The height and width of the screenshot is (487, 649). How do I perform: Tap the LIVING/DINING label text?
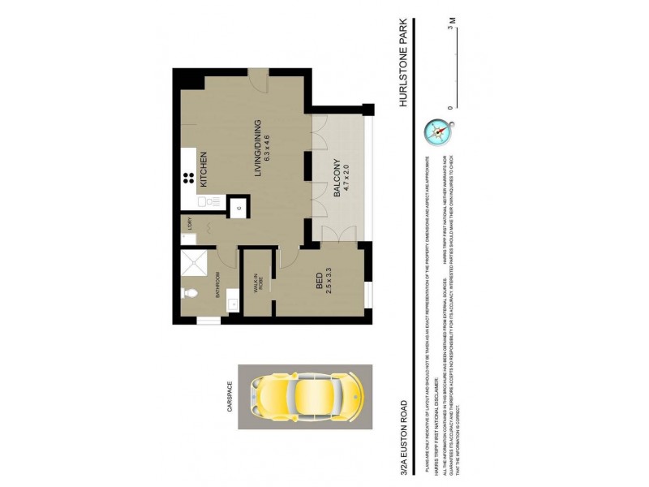[258, 149]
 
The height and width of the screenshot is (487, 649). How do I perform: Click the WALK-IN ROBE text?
[259, 285]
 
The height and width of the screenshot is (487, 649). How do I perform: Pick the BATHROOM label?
[218, 290]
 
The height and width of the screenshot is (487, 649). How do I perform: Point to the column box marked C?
[239, 208]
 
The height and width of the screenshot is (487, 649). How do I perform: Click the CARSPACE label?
[230, 398]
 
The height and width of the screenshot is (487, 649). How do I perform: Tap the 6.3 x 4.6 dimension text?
[268, 149]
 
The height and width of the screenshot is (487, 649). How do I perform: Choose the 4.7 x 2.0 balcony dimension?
[346, 177]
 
